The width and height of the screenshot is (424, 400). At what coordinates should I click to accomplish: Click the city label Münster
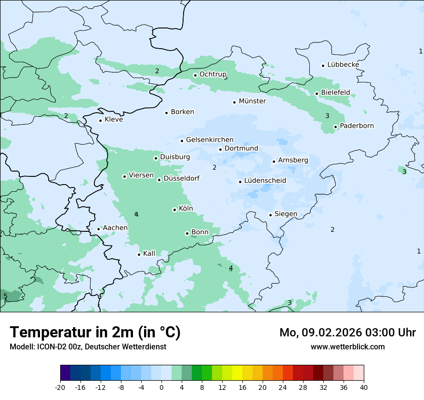pyautogui.click(x=252, y=101)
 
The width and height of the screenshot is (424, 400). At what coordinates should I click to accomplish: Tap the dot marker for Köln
pyautogui.click(x=174, y=210)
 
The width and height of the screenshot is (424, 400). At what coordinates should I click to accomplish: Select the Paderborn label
pyautogui.click(x=357, y=126)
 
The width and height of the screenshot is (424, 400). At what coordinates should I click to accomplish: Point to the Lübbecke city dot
pyautogui.click(x=323, y=66)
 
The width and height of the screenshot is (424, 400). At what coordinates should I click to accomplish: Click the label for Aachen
pyautogui.click(x=115, y=228)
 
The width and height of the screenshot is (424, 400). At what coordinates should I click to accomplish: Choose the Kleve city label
pyautogui.click(x=114, y=120)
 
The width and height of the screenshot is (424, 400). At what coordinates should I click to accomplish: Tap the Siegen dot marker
pyautogui.click(x=271, y=215)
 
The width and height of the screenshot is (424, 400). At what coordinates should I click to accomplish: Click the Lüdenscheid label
pyautogui.click(x=265, y=181)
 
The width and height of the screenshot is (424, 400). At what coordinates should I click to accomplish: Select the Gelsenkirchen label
pyautogui.click(x=210, y=140)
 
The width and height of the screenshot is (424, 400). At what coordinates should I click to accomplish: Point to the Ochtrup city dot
pyautogui.click(x=195, y=75)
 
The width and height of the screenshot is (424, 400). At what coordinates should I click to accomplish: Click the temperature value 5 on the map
pyautogui.click(x=5, y=296)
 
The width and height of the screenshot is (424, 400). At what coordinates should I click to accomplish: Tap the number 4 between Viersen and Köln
pyautogui.click(x=136, y=214)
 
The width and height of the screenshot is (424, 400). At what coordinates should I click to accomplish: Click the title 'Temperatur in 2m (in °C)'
pyautogui.click(x=95, y=333)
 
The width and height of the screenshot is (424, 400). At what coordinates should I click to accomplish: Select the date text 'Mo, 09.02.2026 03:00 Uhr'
pyautogui.click(x=347, y=333)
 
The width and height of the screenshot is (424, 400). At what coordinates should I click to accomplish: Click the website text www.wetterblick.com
pyautogui.click(x=347, y=347)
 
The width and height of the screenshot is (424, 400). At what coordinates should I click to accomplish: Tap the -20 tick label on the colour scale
pyautogui.click(x=60, y=387)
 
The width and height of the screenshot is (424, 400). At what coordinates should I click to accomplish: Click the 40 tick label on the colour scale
pyautogui.click(x=364, y=387)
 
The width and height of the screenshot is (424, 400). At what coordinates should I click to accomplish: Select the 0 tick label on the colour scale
pyautogui.click(x=161, y=387)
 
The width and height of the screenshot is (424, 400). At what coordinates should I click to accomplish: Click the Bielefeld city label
pyautogui.click(x=335, y=93)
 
